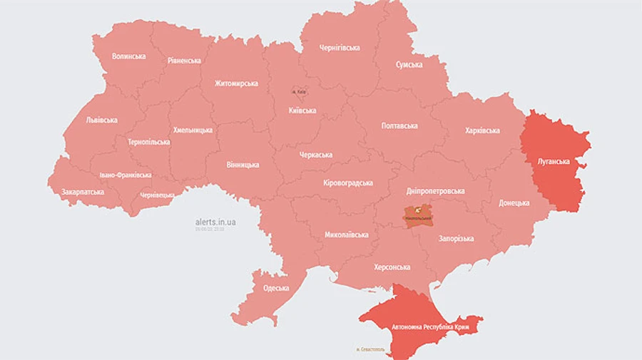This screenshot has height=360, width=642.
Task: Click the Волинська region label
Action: coord(128,56)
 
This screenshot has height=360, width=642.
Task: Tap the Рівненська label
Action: coord(184,61)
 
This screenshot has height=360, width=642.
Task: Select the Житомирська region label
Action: coord(236,83)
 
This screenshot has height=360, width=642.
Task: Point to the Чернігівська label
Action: coord(339,48)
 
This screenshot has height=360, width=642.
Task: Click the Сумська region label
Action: coord(409,65)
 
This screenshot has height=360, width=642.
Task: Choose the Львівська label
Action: coord(101,120)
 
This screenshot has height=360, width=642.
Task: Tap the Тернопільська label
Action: coord(148,142)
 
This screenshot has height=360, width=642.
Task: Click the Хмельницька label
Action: coord(193,130)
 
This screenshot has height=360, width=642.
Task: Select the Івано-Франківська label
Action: coord(125,175)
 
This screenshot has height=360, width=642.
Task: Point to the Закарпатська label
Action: coord(82,192)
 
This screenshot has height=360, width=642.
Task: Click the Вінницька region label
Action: coord(243,165)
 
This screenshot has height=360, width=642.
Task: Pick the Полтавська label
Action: coord(399,125)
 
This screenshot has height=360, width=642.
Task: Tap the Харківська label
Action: coord(482,130)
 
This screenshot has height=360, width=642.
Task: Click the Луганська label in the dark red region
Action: coord(554,162)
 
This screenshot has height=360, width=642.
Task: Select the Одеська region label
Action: coord(275,288)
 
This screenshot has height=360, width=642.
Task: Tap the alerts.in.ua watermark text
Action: coord(215,222)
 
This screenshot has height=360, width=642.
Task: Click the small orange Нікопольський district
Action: coord(418,215)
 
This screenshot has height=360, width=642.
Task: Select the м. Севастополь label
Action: coord(370,349)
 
